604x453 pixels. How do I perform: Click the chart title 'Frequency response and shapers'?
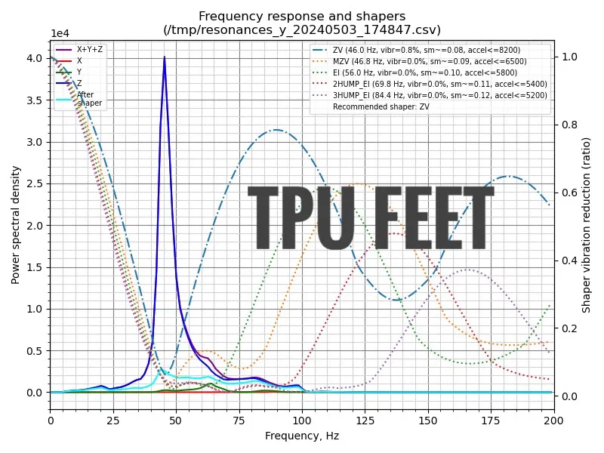pos(302,16)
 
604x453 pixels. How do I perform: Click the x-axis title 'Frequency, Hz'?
pos(302,436)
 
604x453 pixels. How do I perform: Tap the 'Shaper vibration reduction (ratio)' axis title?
pos(587,225)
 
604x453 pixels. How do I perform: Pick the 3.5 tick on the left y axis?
pos(35,100)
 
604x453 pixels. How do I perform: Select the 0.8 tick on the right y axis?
pos(567,125)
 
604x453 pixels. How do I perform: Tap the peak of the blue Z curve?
pos(165,57)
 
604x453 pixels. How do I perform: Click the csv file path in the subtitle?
pos(302,29)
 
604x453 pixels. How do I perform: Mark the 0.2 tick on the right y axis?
pos(567,328)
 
